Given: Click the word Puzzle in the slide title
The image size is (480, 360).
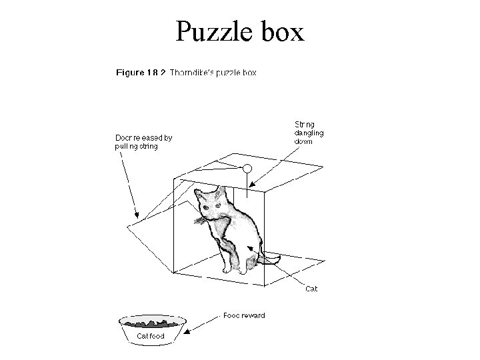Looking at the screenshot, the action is [x=213, y=31].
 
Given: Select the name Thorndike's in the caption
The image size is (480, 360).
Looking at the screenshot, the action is [x=197, y=72].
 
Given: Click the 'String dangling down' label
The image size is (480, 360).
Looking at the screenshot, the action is [x=309, y=132].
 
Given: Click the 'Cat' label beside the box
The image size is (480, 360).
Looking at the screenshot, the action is [x=311, y=289].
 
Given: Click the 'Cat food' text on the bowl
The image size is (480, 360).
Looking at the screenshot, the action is [x=151, y=336].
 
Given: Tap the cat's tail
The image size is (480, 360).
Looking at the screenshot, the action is [x=271, y=257].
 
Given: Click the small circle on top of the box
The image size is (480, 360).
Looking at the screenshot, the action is [x=247, y=169].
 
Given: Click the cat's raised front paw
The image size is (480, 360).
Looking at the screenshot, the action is [x=201, y=219].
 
